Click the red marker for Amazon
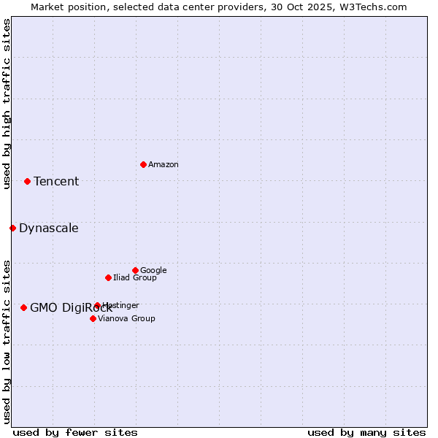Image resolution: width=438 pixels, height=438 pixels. point(143,164)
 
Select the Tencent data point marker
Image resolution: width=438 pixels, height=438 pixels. point(27,181)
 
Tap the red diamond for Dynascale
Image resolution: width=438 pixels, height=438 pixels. point(12,228)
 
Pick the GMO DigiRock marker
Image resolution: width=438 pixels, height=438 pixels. point(23,307)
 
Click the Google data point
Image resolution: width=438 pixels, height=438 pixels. point(135,270)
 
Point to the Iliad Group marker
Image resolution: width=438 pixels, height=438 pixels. point(108,277)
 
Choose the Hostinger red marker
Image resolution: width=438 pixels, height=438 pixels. point(97,305)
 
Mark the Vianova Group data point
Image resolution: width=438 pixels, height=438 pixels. point(93,318)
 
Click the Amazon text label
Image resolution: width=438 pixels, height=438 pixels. point(164,165)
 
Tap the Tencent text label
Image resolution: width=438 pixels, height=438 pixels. point(56,182)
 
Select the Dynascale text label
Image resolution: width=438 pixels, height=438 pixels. point(49,228)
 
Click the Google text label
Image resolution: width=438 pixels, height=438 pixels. point(153,271)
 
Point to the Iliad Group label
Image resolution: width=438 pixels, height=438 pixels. point(135,278)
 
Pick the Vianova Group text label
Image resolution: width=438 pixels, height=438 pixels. point(126,319)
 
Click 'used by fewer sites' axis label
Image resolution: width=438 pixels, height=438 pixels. point(75,432)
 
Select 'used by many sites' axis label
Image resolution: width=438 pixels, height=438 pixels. point(366,432)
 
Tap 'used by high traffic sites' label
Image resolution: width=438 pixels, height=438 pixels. point(7,104)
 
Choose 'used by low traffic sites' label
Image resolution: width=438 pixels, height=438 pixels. point(7,341)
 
